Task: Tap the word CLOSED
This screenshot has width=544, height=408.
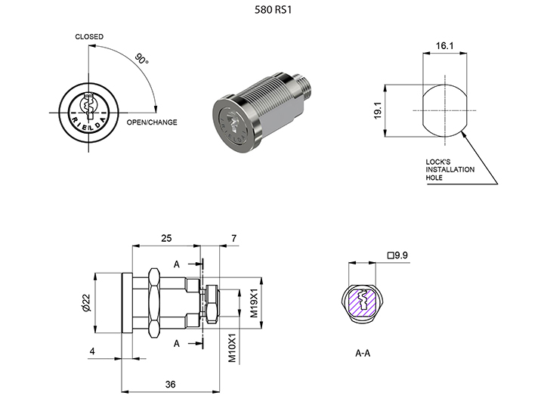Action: pyautogui.click(x=89, y=36)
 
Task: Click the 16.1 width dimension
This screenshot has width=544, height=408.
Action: pyautogui.click(x=444, y=47)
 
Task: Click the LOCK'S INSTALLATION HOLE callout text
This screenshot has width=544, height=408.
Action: pyautogui.click(x=450, y=169)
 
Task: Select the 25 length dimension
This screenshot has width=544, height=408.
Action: pyautogui.click(x=166, y=238)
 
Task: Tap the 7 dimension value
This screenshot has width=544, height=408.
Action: pyautogui.click(x=233, y=238)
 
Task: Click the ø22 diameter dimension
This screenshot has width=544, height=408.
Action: pyautogui.click(x=86, y=302)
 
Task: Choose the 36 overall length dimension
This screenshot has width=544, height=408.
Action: pyautogui.click(x=170, y=385)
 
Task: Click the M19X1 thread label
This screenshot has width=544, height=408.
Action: pyautogui.click(x=255, y=301)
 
